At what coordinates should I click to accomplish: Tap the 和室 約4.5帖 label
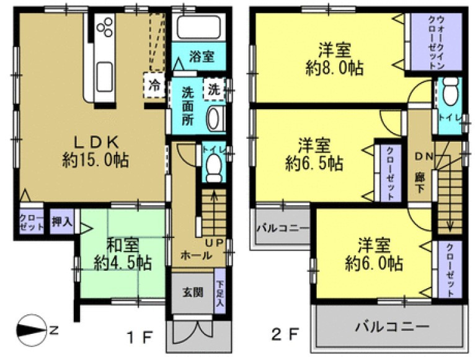[x=122, y=253]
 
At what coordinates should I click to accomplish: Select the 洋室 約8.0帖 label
[x=333, y=57]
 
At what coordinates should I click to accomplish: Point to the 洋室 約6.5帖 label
[x=314, y=155]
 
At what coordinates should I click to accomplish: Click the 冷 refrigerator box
[x=154, y=85]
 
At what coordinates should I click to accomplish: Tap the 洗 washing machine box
[x=215, y=88]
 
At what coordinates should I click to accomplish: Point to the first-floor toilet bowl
[x=214, y=165]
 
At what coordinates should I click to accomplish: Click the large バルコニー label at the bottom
[x=391, y=326]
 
